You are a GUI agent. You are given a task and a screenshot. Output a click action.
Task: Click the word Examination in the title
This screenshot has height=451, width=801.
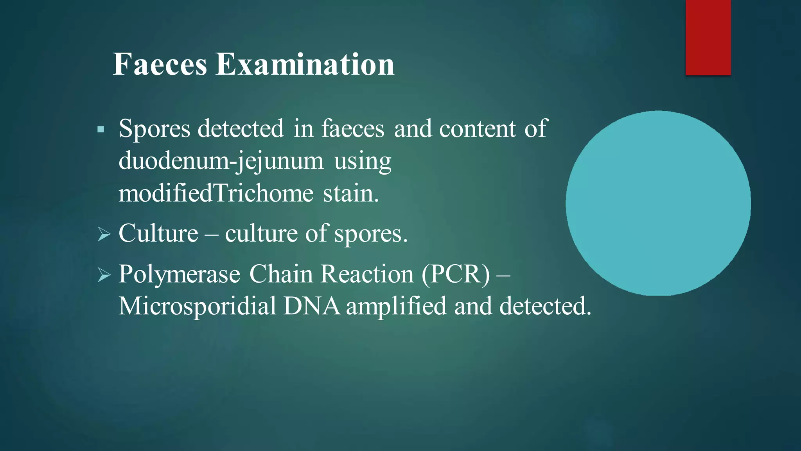[305, 65]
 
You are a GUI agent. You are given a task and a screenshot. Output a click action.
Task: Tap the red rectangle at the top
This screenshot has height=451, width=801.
[708, 38]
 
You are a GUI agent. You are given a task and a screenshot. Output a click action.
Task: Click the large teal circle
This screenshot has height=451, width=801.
[658, 203]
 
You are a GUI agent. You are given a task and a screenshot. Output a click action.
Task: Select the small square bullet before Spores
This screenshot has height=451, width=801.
[101, 130]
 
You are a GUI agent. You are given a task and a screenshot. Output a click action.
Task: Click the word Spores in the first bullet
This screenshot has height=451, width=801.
[154, 129]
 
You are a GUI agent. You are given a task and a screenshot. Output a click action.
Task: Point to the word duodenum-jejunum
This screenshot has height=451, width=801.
[221, 161]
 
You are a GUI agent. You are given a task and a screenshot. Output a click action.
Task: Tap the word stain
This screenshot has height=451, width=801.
[350, 193]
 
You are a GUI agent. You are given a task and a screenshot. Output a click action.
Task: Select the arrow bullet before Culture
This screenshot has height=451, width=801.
[104, 235]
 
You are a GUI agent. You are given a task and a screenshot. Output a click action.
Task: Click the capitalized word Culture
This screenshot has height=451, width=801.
[158, 234]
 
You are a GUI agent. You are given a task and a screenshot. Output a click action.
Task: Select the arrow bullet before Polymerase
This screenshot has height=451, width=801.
[104, 275]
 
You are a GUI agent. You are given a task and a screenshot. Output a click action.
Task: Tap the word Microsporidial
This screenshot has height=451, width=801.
[198, 306]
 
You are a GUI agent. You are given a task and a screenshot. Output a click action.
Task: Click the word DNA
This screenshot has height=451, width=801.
[312, 306]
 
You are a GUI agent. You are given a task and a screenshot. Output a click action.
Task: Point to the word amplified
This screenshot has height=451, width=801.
[396, 306]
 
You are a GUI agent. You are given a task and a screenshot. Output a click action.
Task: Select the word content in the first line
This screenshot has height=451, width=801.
[477, 129]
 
